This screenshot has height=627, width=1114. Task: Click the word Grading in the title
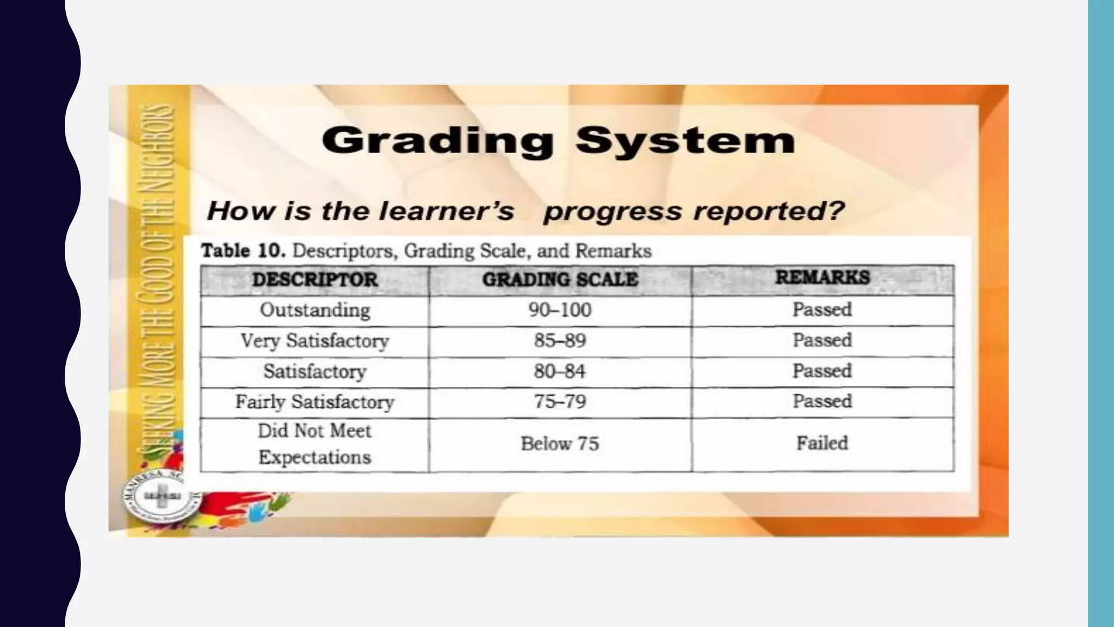click(437, 141)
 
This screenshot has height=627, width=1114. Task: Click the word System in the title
click(685, 141)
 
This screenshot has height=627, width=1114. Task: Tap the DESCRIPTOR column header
click(314, 280)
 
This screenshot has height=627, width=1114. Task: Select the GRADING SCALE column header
click(560, 280)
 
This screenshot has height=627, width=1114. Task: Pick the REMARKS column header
click(822, 278)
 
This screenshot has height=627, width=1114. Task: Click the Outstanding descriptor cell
click(315, 310)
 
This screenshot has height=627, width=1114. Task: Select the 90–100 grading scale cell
click(560, 310)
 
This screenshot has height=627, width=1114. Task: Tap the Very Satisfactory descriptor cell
click(315, 341)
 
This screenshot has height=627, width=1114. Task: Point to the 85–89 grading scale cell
click(560, 341)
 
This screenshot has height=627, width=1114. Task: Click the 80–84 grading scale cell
click(560, 372)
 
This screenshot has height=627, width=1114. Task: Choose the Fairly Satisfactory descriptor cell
click(315, 402)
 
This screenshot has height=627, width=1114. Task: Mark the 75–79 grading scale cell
click(560, 402)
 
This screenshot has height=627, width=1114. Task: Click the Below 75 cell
click(560, 444)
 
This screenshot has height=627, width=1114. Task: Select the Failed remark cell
click(822, 444)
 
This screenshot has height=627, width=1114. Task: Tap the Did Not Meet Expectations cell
click(315, 444)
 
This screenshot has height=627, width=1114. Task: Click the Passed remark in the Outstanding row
click(822, 310)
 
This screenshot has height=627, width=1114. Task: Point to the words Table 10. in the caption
click(243, 251)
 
